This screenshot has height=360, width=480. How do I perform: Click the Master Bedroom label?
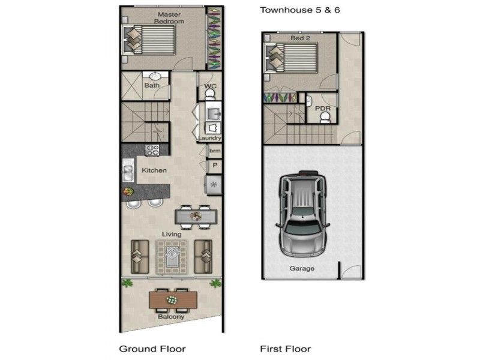point(169,18)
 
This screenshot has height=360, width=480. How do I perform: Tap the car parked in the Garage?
point(302,214)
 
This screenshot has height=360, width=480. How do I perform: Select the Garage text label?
point(302,268)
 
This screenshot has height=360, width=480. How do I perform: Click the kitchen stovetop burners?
point(152,150)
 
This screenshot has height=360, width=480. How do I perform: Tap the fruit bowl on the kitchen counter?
point(128,191)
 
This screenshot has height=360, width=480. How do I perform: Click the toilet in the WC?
point(210,95)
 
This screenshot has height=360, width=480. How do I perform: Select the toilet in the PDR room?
point(325,118)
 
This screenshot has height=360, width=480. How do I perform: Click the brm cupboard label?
point(215,151)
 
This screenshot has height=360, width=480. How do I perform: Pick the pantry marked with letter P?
point(215,166)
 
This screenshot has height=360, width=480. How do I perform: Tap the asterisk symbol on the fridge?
point(214,184)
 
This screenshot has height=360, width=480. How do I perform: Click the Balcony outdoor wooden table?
point(173,299)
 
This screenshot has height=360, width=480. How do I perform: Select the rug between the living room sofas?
point(172,257)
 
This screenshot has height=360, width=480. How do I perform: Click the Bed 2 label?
point(300,38)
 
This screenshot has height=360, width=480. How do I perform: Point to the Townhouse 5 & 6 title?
point(300,10)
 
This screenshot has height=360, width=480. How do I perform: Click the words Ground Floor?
point(152,349)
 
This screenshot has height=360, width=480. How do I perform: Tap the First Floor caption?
point(286,349)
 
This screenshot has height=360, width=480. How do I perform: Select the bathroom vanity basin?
point(155,76)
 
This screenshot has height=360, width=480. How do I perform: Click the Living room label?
point(172,234)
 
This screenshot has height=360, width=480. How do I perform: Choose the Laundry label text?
point(210,138)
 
